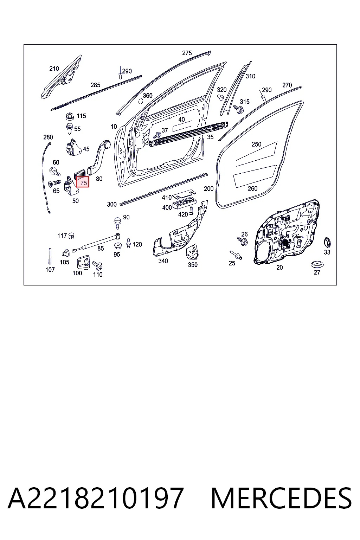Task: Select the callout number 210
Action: point(54,69)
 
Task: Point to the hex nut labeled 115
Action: point(70,116)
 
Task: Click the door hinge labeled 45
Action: point(73,147)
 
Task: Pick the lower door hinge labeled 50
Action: point(71,186)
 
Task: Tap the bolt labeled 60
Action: point(54,172)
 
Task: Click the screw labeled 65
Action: point(54,183)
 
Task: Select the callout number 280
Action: point(48,137)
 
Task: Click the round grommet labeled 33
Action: point(327,242)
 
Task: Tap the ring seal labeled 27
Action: point(317,264)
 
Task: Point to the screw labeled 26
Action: point(243,241)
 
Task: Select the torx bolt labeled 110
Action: point(97,265)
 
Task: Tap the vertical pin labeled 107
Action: point(50,256)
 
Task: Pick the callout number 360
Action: point(148,96)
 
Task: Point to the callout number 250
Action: point(256,144)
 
